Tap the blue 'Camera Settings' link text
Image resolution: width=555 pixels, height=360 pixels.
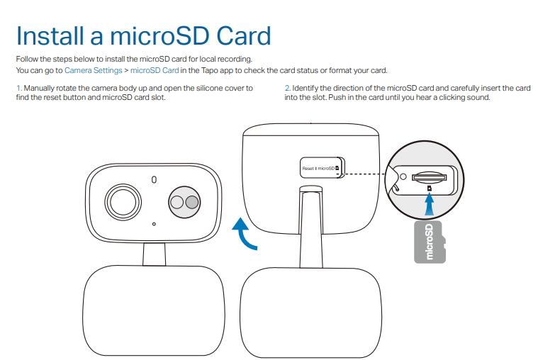tap(93, 70)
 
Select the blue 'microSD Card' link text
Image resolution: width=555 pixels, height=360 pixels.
tap(155, 70)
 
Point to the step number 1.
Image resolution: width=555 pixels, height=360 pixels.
tap(18, 88)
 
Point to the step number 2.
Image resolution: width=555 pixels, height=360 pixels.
tap(287, 88)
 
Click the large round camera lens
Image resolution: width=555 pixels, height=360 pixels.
tap(123, 202)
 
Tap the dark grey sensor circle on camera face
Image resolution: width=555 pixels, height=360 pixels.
tap(192, 202)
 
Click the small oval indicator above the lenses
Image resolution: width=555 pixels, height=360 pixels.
tap(154, 180)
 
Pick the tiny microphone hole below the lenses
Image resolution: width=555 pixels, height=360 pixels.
tap(154, 224)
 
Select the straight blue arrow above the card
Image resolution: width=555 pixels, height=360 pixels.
tap(429, 205)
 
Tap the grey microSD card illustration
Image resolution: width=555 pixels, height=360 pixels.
tap(430, 242)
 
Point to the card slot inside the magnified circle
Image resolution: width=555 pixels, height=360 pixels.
tap(429, 177)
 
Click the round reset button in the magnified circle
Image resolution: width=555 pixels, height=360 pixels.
tap(403, 176)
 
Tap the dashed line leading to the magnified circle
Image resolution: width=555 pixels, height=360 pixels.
tap(364, 174)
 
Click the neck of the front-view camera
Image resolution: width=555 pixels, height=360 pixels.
tap(154, 254)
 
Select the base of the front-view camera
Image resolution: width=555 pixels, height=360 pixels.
tap(154, 310)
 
